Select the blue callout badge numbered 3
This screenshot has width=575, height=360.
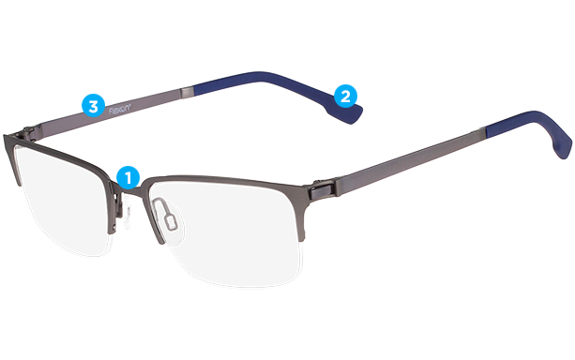(92, 106)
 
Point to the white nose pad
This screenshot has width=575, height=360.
(169, 220)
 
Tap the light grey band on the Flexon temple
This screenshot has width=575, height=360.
(189, 90)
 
